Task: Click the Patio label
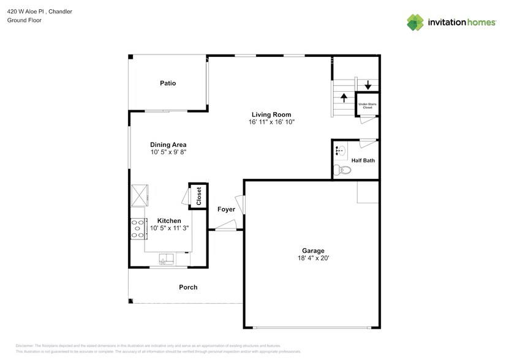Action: [x=168, y=83]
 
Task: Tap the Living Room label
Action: [x=271, y=114]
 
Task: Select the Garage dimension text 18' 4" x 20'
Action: [x=312, y=258]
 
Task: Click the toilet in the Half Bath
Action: [x=341, y=170]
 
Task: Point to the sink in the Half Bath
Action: [x=341, y=149]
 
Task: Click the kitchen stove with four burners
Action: [x=137, y=228]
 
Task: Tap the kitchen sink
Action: [x=166, y=258]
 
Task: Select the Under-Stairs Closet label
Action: [x=367, y=105]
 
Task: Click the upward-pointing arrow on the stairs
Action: [x=344, y=97]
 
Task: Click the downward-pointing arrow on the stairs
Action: [x=368, y=85]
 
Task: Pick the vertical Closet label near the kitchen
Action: [x=198, y=197]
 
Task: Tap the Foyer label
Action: [x=226, y=209]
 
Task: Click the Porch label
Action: [x=188, y=287]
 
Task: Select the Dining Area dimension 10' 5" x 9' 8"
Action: [x=168, y=152]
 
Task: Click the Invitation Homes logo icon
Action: [x=415, y=22]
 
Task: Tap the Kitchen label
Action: [x=169, y=220]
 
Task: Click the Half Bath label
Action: [x=363, y=161]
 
